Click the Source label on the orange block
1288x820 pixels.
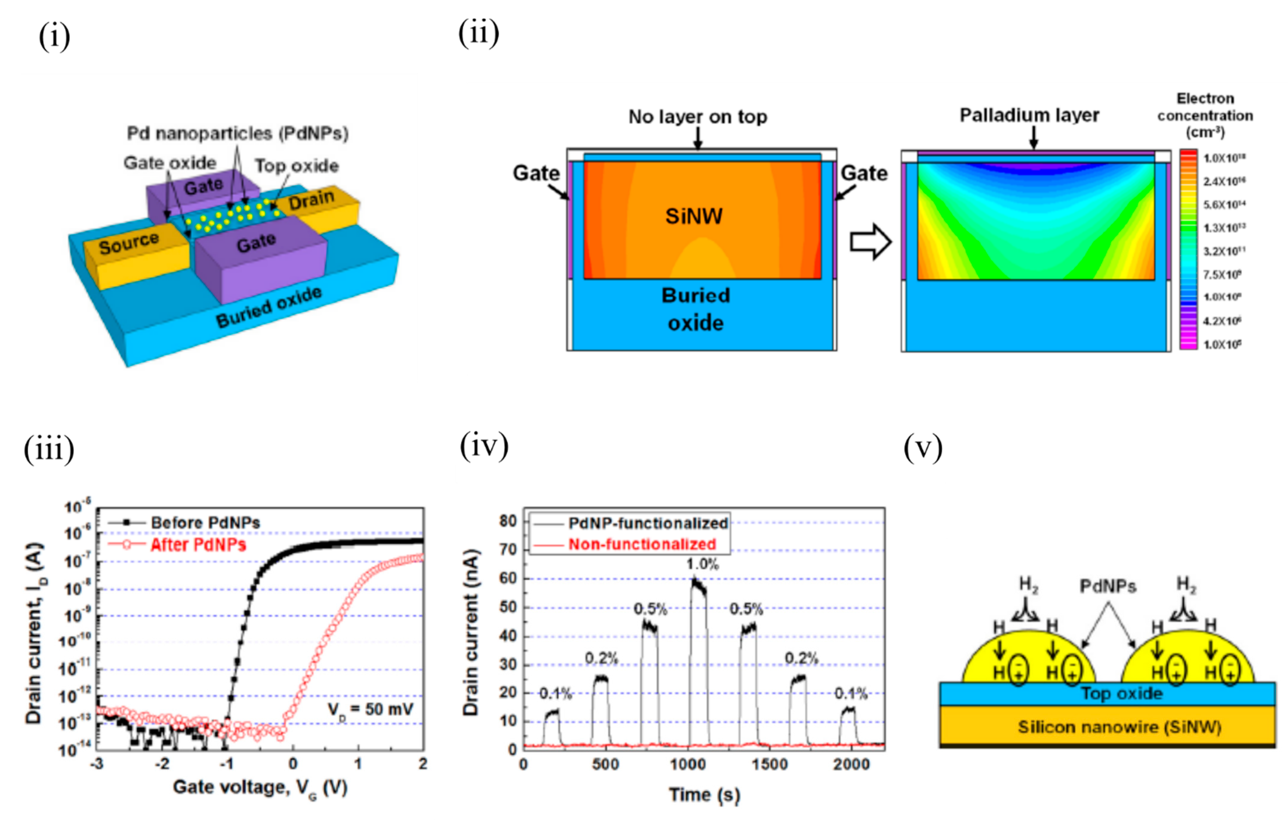click(x=129, y=243)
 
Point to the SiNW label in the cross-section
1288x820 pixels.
click(x=694, y=216)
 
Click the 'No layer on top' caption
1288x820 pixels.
click(x=697, y=117)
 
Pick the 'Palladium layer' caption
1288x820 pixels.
click(x=1029, y=115)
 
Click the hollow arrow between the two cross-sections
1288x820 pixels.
click(x=870, y=242)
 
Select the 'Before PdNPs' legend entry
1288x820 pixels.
click(x=205, y=522)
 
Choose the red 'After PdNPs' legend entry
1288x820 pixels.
click(x=198, y=545)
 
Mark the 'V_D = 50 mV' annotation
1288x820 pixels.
click(x=370, y=710)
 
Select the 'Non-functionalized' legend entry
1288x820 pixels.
click(x=642, y=544)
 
